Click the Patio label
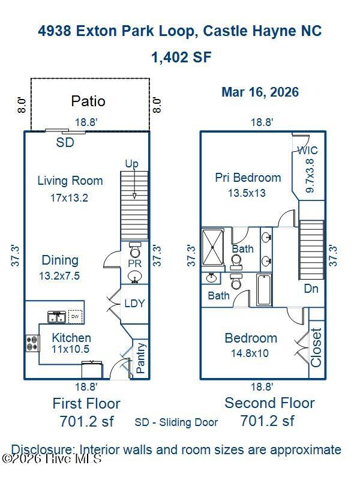88,101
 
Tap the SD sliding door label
65,142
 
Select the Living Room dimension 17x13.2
69,198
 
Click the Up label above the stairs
131,164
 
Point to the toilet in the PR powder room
134,250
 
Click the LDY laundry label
134,304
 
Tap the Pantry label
140,358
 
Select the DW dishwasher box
76,317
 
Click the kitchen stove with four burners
32,343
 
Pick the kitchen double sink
57,317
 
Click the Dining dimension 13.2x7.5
59,276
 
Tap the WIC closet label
308,151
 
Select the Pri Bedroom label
248,178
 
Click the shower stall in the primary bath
213,247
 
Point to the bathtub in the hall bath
264,290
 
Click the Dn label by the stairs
311,289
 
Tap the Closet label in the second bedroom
316,348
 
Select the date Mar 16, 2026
260,92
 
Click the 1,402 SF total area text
182,57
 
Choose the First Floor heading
86,403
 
